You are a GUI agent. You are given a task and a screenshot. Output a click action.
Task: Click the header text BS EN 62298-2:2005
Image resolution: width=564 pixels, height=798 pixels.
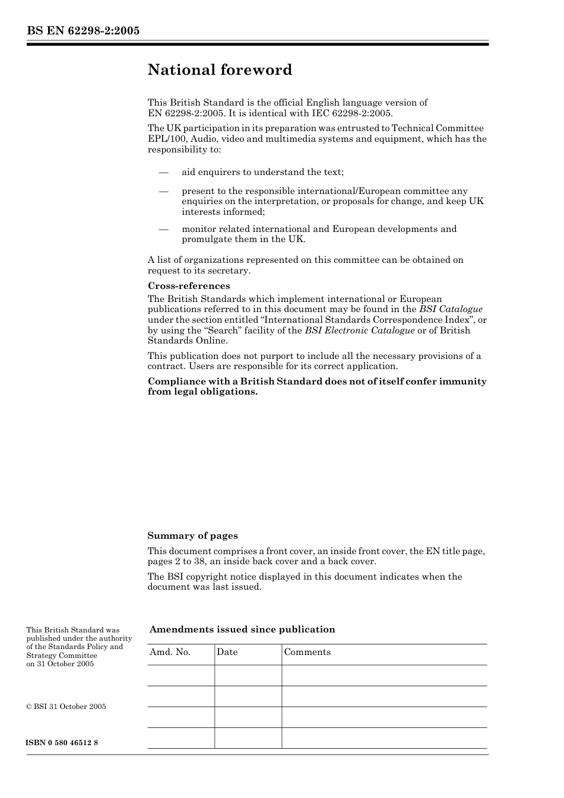(83, 31)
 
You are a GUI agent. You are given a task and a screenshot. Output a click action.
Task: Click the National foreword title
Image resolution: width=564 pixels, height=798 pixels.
(220, 70)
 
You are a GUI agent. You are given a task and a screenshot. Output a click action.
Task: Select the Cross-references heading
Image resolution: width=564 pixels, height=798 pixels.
(189, 286)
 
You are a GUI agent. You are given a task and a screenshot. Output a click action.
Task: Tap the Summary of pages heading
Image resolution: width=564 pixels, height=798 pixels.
(192, 536)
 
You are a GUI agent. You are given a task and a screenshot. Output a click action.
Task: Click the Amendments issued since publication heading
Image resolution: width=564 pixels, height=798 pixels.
(242, 630)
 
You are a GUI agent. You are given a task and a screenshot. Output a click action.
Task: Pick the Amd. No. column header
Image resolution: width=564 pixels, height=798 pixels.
(170, 652)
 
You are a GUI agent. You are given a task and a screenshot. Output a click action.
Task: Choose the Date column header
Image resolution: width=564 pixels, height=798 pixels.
(227, 652)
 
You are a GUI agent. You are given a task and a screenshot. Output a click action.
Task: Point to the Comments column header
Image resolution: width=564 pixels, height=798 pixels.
(307, 652)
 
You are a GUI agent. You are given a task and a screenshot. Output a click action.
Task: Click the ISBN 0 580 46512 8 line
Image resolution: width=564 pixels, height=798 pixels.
(62, 743)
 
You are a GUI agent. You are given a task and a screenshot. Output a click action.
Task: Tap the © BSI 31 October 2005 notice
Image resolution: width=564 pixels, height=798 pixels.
(66, 707)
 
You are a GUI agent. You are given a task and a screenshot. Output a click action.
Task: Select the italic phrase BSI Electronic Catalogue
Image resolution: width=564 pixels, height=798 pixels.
(360, 330)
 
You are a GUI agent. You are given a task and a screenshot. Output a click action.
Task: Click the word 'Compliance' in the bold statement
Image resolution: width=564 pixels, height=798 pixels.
(175, 381)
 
